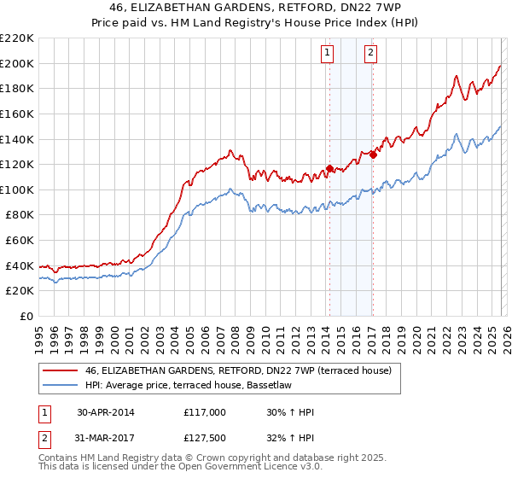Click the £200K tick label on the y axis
(17, 63)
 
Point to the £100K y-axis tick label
(17, 189)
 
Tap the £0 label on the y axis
(26, 316)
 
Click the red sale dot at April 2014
(329, 168)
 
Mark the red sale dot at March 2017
(373, 154)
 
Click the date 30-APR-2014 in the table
(106, 412)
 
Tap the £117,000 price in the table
(204, 412)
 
